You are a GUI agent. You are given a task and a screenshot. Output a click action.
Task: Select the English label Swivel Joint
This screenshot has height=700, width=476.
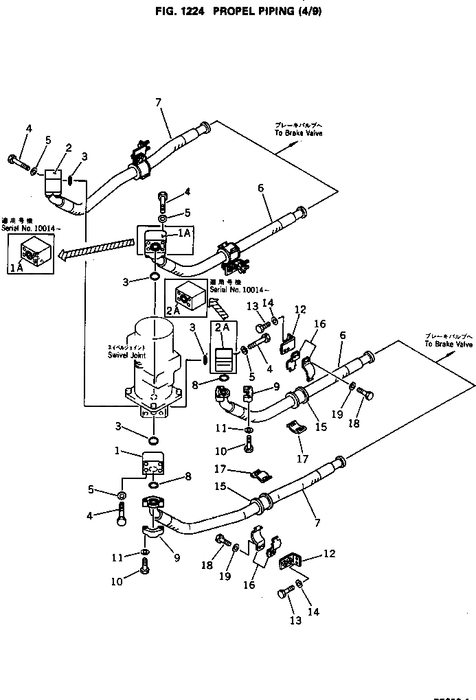click(x=123, y=355)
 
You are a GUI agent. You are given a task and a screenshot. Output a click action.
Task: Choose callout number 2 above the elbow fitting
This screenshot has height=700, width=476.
click(x=69, y=148)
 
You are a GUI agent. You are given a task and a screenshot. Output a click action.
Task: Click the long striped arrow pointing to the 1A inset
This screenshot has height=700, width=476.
click(x=97, y=246)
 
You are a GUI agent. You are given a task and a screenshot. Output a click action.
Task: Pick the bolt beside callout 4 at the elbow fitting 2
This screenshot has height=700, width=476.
click(x=18, y=162)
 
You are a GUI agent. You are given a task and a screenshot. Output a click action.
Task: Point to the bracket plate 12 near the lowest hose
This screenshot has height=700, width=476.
click(x=289, y=560)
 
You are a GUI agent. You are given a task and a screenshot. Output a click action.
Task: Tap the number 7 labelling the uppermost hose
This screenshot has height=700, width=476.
click(x=158, y=103)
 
